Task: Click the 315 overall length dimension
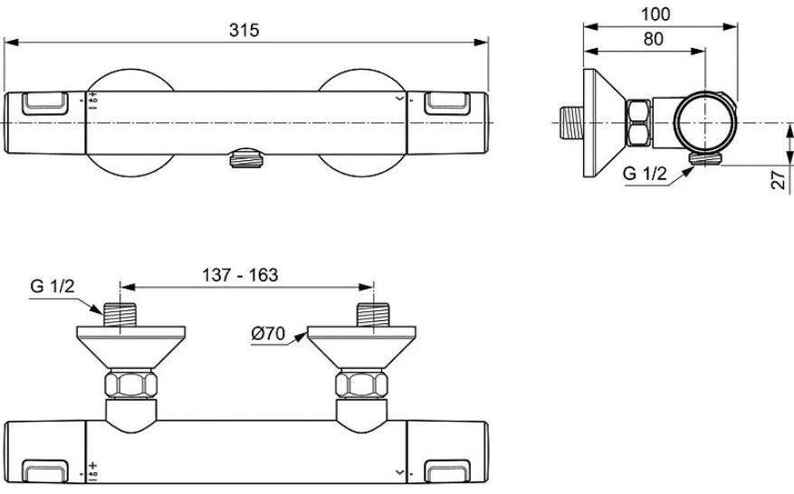(x=244, y=31)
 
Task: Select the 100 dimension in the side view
(x=655, y=14)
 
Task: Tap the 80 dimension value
(x=654, y=39)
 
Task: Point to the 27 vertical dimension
(x=779, y=180)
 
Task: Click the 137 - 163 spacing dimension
(x=240, y=275)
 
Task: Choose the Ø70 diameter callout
(x=268, y=334)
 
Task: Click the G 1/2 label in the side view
(x=645, y=174)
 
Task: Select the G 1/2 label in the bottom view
(x=53, y=286)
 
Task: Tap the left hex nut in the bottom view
(x=130, y=385)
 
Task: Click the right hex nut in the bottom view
(x=361, y=385)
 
